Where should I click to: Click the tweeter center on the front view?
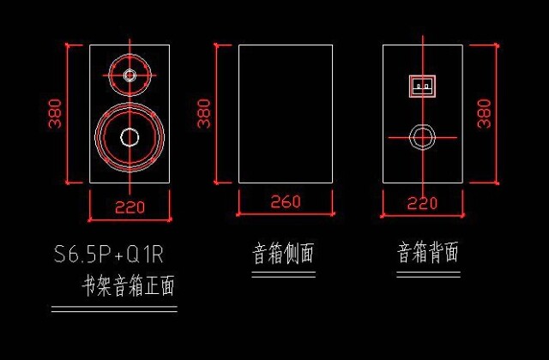130,75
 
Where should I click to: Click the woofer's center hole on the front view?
130,137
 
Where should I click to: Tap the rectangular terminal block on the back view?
421,87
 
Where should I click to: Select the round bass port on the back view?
421,136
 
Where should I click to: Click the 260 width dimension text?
286,202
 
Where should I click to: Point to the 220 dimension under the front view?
130,206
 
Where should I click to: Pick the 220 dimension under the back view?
421,203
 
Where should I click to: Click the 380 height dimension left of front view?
56,112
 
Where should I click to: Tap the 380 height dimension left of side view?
204,112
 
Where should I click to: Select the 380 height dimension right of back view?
485,112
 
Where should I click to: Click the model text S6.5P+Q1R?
109,254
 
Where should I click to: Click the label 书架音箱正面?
128,285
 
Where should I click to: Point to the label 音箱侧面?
283,254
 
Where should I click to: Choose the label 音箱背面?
428,253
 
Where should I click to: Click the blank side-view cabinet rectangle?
285,113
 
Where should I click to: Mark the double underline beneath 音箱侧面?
284,274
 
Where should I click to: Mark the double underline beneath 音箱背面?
428,274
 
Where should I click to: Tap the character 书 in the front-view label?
87,285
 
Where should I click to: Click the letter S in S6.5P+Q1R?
60,254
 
